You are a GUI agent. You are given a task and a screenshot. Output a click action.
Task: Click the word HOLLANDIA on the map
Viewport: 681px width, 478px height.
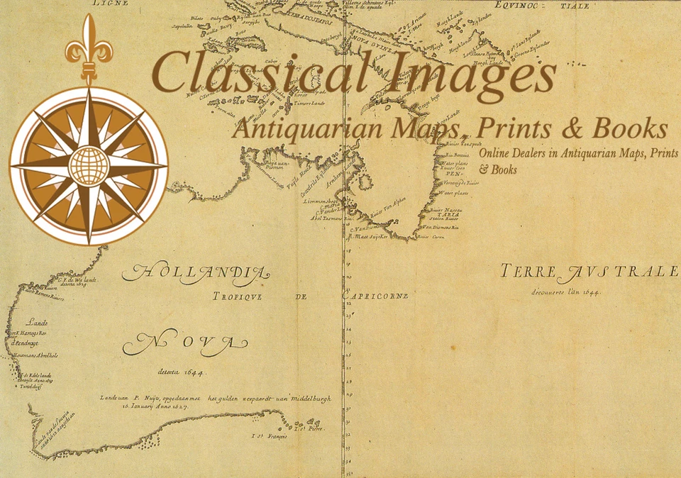coord(196,273)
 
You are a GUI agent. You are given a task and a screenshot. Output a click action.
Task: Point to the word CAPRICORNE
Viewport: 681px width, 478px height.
coord(376,296)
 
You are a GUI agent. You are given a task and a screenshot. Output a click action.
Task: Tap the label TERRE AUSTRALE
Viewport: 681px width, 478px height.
coord(589,272)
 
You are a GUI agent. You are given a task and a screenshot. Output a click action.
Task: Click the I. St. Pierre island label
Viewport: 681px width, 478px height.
coord(311,428)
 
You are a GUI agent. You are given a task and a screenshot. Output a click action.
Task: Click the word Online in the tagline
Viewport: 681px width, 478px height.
coord(496,154)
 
